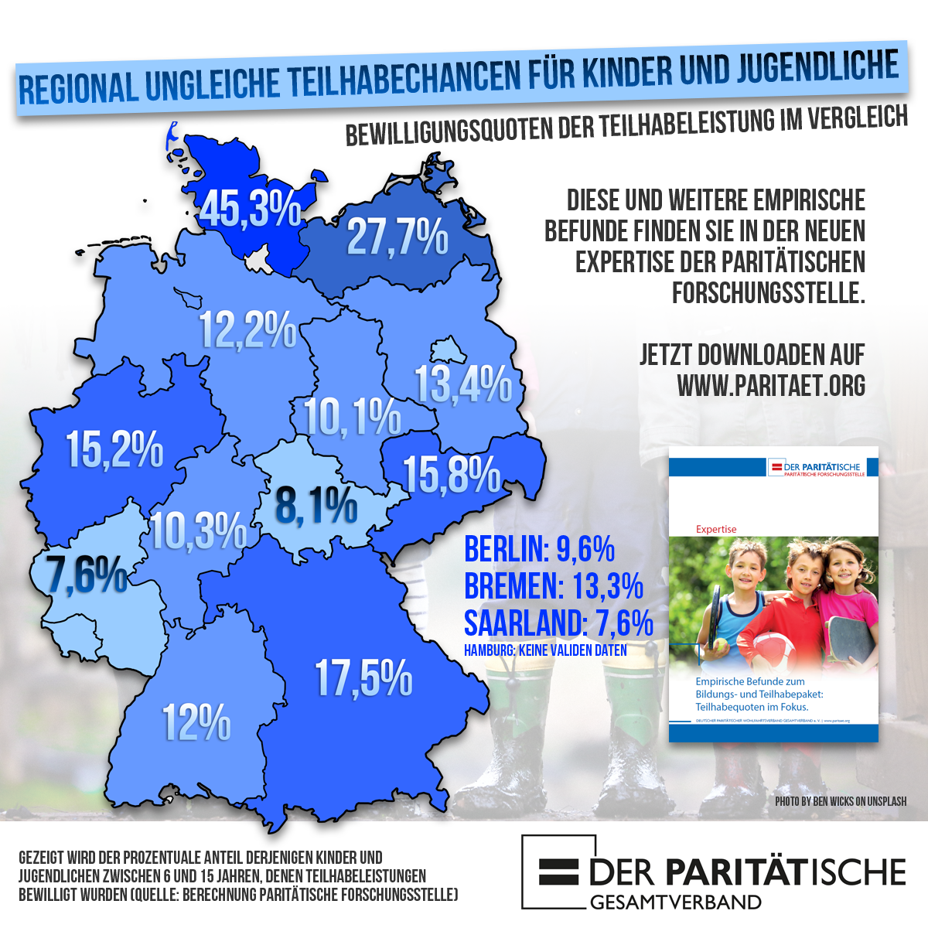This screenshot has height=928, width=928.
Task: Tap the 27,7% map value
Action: point(397,237)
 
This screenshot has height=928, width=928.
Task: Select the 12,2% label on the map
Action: point(248,330)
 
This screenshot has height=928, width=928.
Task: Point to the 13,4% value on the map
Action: point(463,384)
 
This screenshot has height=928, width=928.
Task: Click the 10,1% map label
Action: point(352,417)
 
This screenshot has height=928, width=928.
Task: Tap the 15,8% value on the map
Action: point(452,474)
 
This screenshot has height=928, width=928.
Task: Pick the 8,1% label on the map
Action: point(316,506)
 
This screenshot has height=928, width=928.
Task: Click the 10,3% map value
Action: point(198,531)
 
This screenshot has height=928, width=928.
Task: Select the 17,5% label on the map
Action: point(363,678)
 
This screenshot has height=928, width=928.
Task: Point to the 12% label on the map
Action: point(196,723)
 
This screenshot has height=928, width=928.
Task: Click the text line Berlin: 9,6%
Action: point(539,549)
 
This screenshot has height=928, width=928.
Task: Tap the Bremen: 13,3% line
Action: point(554,586)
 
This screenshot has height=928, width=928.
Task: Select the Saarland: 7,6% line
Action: point(558,623)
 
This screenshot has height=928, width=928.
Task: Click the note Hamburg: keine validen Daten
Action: point(545,650)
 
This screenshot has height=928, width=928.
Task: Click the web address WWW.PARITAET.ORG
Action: point(770,385)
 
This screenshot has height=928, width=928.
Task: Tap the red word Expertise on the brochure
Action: point(716,529)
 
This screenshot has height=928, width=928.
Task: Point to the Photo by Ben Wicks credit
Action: point(841,801)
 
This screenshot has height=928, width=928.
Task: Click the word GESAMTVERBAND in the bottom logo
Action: point(675,902)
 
